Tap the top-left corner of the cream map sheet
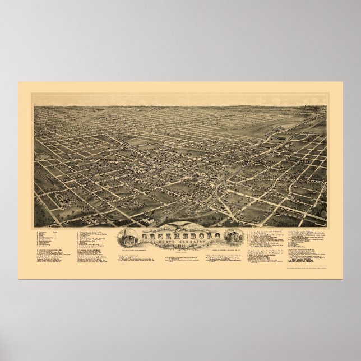tap(18, 82)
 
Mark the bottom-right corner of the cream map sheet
tap(343, 279)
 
